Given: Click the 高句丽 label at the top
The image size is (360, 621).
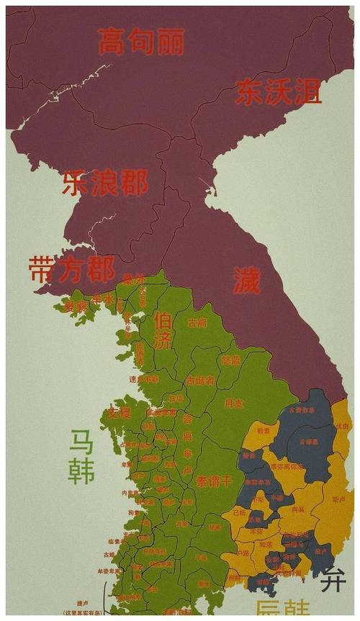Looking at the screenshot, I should [x=142, y=42].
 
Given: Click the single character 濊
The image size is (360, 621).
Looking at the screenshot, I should [x=246, y=279].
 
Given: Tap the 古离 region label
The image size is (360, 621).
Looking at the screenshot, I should [x=197, y=324].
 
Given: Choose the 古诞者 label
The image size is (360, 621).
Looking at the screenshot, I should [x=200, y=379].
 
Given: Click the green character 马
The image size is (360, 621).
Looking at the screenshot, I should [x=81, y=441].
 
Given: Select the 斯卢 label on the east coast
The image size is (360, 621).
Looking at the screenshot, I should [x=338, y=498].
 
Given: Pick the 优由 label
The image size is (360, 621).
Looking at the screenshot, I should [x=341, y=426].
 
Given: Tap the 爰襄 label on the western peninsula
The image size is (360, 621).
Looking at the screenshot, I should [x=75, y=306].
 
